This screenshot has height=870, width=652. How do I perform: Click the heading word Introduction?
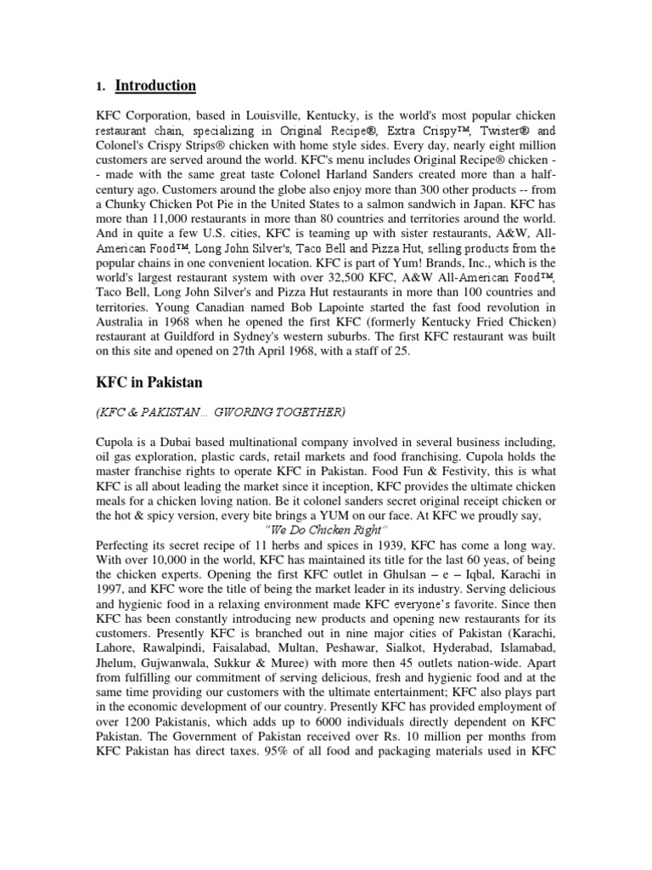(155, 86)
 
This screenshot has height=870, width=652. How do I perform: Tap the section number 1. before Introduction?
(101, 87)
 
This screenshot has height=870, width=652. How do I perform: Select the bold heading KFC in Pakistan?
(149, 382)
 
